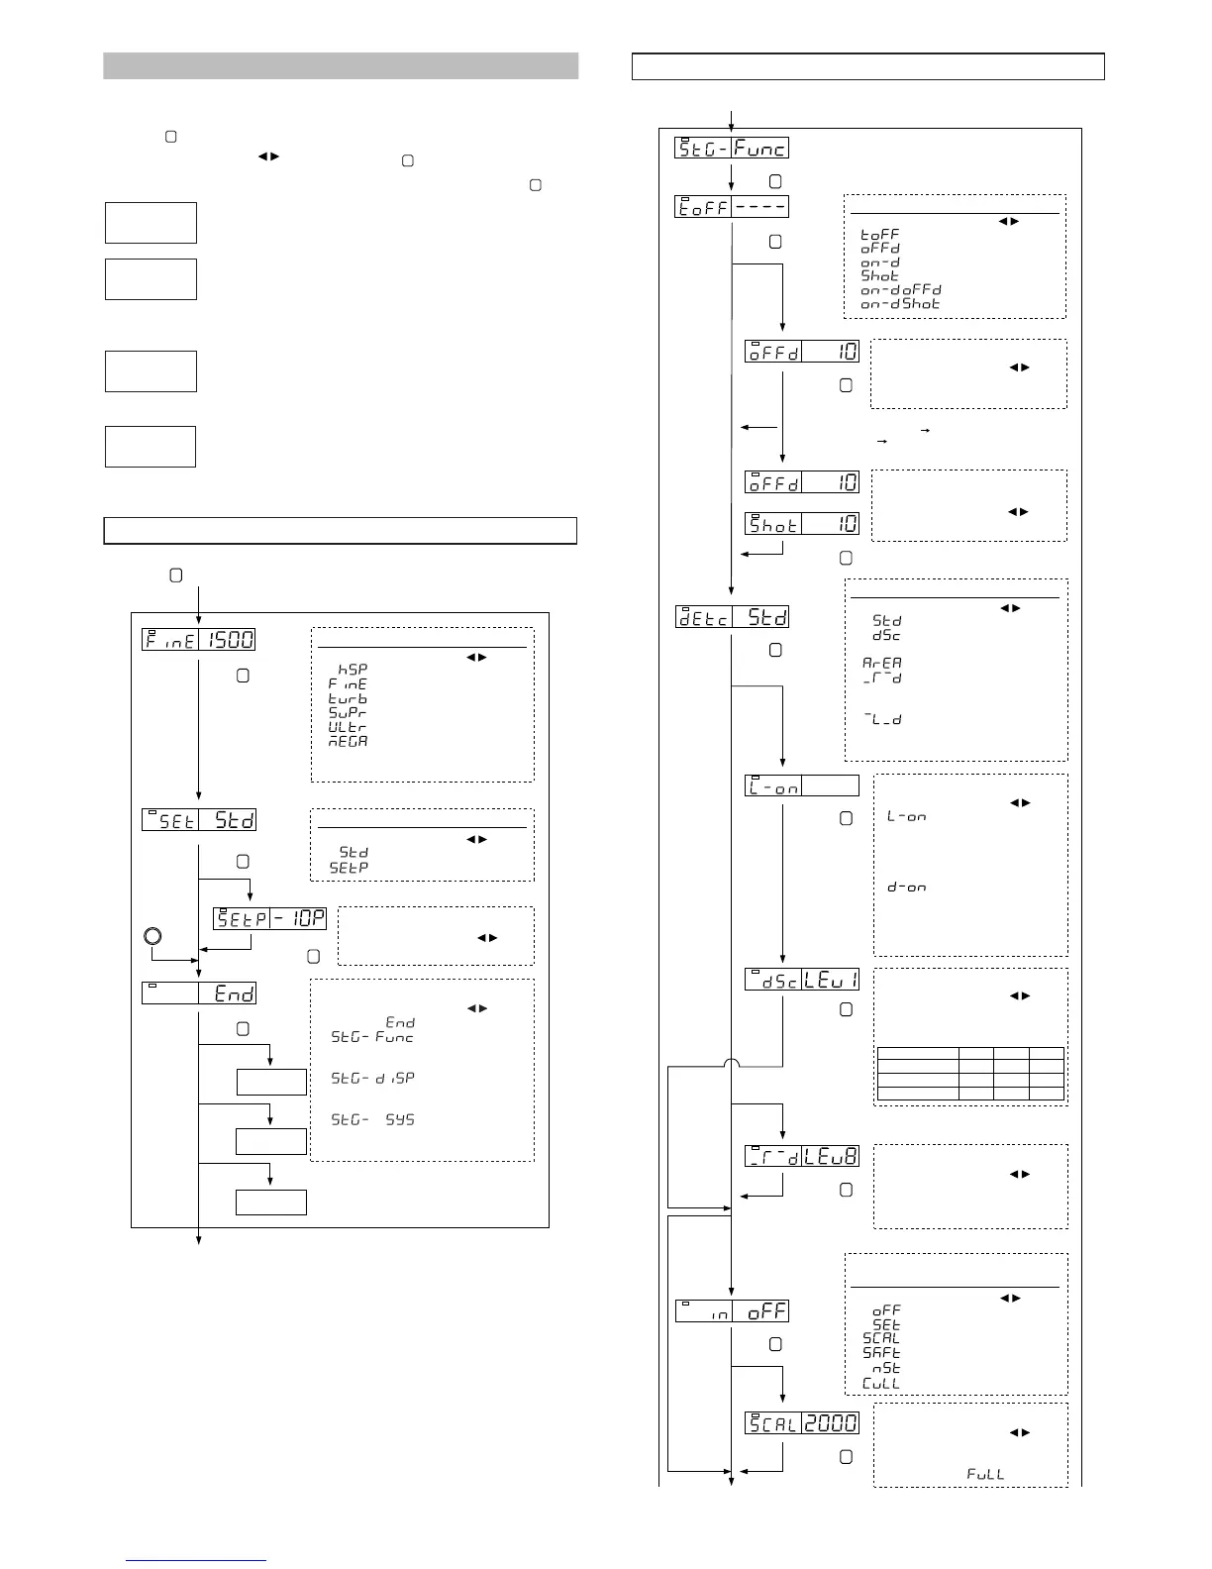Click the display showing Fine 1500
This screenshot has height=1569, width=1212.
[198, 640]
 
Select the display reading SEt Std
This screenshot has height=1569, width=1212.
[198, 820]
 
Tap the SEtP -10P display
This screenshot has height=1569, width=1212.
[269, 918]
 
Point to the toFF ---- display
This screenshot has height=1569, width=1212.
[732, 207]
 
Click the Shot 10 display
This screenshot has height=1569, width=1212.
[801, 524]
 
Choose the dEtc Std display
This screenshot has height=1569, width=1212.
[732, 617]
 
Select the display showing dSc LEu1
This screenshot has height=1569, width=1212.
[801, 980]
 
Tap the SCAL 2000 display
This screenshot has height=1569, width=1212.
[801, 1422]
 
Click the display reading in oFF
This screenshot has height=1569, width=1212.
[732, 1311]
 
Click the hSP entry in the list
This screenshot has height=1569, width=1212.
[353, 670]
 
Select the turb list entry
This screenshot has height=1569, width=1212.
[348, 698]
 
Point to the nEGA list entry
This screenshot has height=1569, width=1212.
[348, 741]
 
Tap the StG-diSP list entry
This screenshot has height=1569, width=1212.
[372, 1079]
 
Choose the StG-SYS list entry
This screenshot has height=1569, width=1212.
[372, 1120]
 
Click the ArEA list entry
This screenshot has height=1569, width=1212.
[881, 664]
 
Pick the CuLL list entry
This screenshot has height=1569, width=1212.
[881, 1384]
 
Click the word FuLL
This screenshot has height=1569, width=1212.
[985, 1474]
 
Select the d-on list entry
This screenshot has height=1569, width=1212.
[906, 888]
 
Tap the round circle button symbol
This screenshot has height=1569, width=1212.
[151, 935]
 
